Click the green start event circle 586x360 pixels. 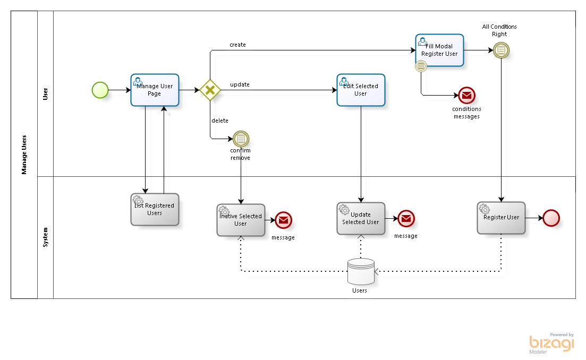pyautogui.click(x=100, y=90)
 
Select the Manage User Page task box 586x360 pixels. pyautogui.click(x=155, y=90)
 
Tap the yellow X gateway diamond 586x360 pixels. pyautogui.click(x=210, y=90)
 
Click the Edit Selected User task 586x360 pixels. pyautogui.click(x=361, y=90)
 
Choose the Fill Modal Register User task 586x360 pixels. pyautogui.click(x=439, y=50)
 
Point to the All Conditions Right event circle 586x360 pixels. pyautogui.click(x=501, y=50)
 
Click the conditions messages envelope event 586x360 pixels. pyautogui.click(x=466, y=96)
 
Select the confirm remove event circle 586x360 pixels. pyautogui.click(x=241, y=139)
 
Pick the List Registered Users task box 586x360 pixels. pyautogui.click(x=155, y=209)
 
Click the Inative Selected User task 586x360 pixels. pyautogui.click(x=241, y=220)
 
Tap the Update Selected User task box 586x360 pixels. pyautogui.click(x=361, y=218)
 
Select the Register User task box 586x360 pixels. pyautogui.click(x=501, y=218)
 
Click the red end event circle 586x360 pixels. pyautogui.click(x=551, y=218)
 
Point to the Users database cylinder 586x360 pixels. pyautogui.click(x=360, y=272)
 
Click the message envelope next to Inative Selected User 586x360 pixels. pyautogui.click(x=283, y=220)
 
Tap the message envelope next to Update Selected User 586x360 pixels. pyautogui.click(x=406, y=218)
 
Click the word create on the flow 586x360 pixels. pyautogui.click(x=237, y=45)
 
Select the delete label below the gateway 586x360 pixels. pyautogui.click(x=220, y=121)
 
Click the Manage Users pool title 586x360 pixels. pyautogui.click(x=24, y=155)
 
